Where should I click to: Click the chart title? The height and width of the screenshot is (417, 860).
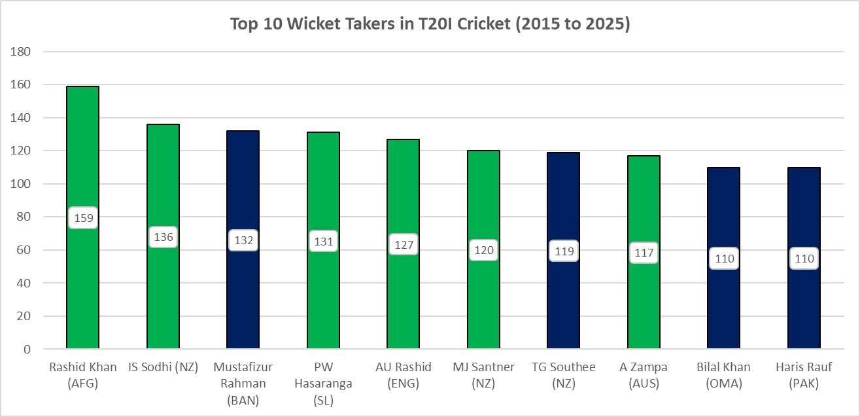pos(430,24)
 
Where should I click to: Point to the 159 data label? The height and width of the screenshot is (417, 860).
pos(83,218)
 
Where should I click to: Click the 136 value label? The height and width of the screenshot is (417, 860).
pos(163,237)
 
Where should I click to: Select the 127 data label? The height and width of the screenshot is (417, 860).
pos(404,245)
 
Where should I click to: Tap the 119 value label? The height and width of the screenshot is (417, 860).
pos(564,251)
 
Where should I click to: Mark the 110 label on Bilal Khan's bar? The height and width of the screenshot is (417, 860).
pos(724,259)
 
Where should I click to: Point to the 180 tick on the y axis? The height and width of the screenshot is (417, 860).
pos(20,52)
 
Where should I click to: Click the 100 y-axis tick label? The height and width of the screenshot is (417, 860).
pos(20,184)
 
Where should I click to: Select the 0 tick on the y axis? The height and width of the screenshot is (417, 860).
pos(27,350)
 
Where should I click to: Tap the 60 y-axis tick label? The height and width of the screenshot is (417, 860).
pos(23,250)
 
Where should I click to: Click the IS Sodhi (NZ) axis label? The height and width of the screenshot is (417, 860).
pos(163,367)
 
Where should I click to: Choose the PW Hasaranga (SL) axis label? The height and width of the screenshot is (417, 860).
pos(323,384)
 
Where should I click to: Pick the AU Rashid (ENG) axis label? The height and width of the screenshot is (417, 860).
pos(403,376)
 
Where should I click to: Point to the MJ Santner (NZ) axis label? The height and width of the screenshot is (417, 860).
pos(483,376)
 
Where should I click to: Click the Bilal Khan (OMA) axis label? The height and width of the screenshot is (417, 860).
pos(724,376)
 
